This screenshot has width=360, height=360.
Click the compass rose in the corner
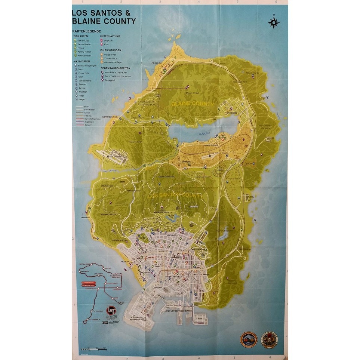pos(274,22)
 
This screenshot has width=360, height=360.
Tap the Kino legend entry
pos(106,44)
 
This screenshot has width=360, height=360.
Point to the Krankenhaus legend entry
pos(109,58)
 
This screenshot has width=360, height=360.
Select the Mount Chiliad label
pos(193,93)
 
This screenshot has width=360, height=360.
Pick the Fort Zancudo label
pos(116,157)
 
